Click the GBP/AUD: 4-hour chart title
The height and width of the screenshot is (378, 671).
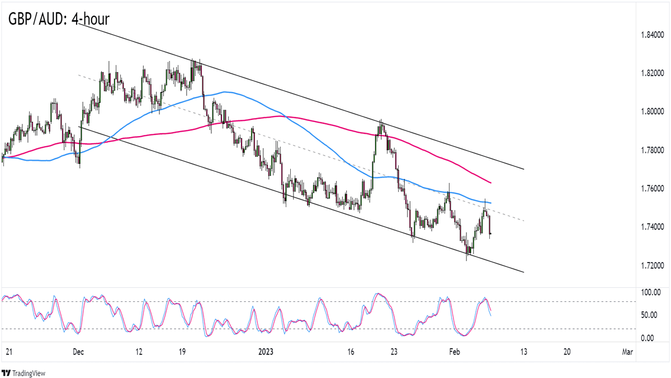(x=59, y=19)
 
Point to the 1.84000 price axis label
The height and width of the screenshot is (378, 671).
(x=653, y=35)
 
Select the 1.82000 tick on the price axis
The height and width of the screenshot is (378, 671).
(x=653, y=73)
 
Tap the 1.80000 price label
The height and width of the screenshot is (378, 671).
(x=653, y=112)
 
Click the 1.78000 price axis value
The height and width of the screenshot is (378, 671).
(x=653, y=150)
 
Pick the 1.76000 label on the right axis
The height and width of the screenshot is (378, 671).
(x=653, y=188)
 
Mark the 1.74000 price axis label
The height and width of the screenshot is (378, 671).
(x=653, y=227)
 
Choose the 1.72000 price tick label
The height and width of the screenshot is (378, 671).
(x=653, y=265)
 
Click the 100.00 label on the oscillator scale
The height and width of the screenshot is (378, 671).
(x=650, y=292)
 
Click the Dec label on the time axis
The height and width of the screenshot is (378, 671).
(x=78, y=352)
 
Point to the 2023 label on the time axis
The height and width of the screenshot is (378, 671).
(x=266, y=352)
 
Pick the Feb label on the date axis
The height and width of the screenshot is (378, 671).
(x=454, y=352)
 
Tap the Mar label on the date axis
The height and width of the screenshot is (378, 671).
(x=627, y=352)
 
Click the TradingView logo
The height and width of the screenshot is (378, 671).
(x=23, y=373)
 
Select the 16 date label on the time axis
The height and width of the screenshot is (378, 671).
(x=351, y=352)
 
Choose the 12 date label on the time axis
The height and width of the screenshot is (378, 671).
(x=139, y=352)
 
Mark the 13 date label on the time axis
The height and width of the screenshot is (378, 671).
(x=523, y=352)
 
